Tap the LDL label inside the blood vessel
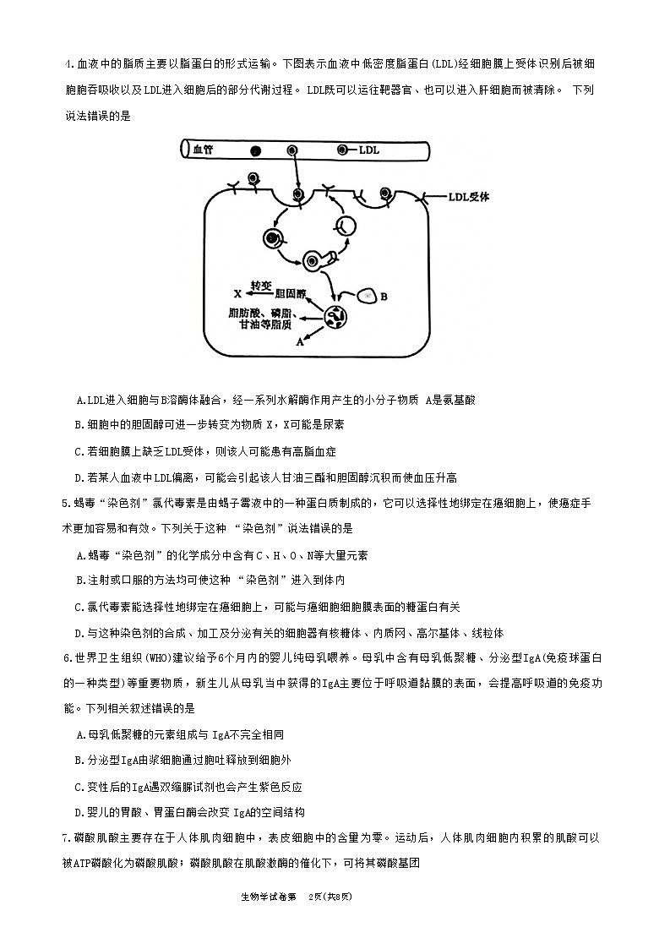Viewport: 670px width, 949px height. pos(369,150)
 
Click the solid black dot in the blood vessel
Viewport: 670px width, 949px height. pos(255,151)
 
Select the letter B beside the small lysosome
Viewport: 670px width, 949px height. pos(384,296)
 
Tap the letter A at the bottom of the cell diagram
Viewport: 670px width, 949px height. pos(298,342)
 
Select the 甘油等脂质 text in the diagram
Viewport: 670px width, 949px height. pos(265,324)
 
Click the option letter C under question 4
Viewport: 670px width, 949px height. pos(79,451)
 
